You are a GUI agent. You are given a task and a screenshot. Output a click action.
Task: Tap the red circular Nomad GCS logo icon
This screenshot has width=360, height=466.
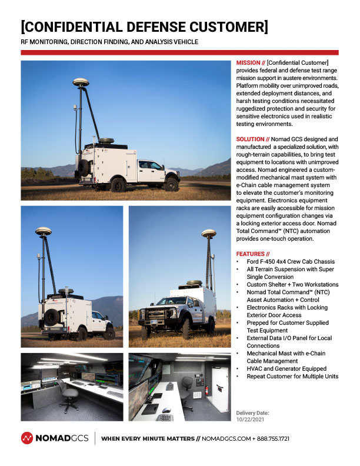27,438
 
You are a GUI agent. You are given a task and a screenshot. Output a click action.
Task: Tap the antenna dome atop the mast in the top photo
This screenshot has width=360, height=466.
80,82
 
